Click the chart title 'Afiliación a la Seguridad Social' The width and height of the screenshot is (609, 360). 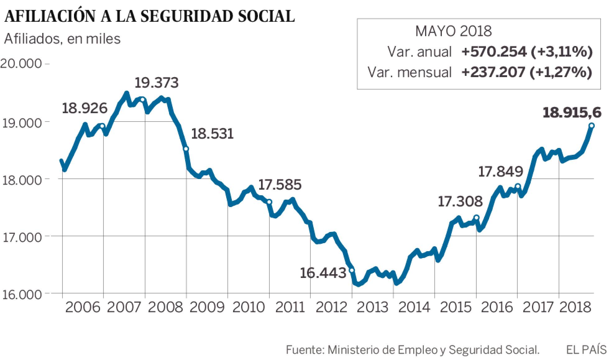coord(149,16)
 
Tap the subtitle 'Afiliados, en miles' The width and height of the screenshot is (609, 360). coord(62,39)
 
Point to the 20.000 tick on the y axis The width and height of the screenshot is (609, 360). coord(21,64)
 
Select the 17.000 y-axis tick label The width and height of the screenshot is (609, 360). coord(21,237)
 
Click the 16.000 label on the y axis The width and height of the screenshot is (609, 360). coord(21,294)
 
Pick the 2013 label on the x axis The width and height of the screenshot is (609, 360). coord(373,307)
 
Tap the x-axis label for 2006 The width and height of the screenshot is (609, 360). coord(83,307)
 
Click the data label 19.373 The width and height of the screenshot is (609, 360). coord(157,83)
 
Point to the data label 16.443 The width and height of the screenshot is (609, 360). coord(323,273)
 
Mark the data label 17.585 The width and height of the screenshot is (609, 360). coord(280,185)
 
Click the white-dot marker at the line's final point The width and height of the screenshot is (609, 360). coord(592,126)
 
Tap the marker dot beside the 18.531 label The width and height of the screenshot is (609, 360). coord(186,149)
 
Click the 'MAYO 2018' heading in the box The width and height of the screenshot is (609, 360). coord(453,31)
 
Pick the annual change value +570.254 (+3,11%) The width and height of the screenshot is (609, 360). coord(527,52)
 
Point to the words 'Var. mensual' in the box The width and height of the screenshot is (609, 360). coord(409,72)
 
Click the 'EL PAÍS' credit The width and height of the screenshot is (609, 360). coord(586,350)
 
